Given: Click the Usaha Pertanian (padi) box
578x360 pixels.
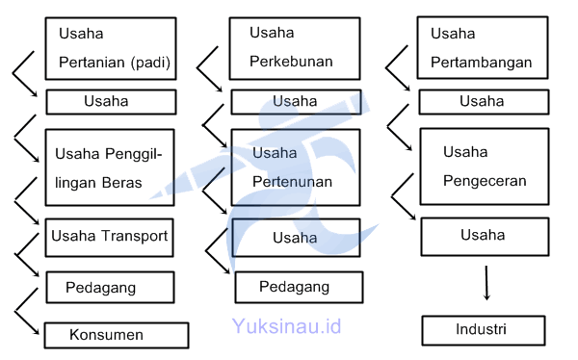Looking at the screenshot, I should (110, 48).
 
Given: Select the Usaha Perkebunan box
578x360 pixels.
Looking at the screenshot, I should (294, 48).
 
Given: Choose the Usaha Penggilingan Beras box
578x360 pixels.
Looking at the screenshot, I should (110, 167).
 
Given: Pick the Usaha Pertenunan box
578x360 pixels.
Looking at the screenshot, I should (294, 167).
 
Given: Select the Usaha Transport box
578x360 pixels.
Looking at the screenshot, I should (110, 237).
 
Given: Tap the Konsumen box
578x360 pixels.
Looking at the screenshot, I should (116, 335).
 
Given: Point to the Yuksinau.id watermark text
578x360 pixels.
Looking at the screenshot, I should (286, 326).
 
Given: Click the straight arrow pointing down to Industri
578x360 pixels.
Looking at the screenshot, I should (486, 283).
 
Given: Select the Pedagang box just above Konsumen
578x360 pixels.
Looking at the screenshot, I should (110, 287).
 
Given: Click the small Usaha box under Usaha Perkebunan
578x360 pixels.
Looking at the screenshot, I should (294, 101).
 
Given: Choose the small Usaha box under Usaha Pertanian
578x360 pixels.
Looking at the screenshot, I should (110, 101).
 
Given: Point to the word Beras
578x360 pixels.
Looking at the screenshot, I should (122, 183).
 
